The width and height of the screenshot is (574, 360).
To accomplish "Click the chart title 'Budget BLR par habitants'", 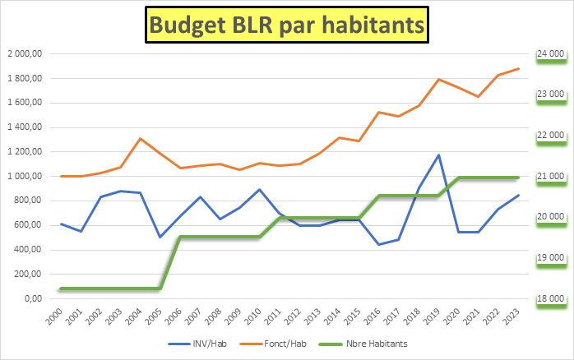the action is tap(287, 25).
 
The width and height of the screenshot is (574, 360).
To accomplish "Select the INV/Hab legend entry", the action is tap(197, 344).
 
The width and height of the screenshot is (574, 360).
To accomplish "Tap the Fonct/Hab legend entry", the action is tap(273, 344).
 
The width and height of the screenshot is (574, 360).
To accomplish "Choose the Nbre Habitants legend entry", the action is tap(363, 344).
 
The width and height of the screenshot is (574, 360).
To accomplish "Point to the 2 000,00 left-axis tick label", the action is tap(25, 53).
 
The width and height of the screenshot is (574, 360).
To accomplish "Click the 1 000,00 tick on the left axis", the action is tap(25, 177).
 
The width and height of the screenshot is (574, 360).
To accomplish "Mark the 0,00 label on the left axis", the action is tap(34, 298).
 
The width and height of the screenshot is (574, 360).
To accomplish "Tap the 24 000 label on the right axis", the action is tap(551, 53).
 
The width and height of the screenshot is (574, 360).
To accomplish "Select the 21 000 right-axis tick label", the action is tap(551, 177).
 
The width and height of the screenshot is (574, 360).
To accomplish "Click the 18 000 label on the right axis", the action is tap(551, 298).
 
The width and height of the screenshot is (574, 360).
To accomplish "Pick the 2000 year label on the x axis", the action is tap(54, 316).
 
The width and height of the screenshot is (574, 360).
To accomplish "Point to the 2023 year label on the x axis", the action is tap(511, 316).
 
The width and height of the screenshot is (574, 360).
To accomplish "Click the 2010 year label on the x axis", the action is tap(252, 316).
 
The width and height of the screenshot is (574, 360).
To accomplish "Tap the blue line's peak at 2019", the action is tap(438, 155).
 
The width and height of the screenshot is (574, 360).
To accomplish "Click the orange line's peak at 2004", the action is tap(141, 139).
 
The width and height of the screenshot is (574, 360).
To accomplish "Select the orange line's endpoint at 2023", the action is tap(518, 69).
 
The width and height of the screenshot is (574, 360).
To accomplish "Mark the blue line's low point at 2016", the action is tap(379, 244).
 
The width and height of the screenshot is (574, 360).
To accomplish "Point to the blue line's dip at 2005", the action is tap(160, 237).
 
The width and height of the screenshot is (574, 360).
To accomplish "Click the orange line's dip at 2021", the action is tap(479, 97).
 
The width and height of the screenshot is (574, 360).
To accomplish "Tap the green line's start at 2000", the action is tap(61, 288).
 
